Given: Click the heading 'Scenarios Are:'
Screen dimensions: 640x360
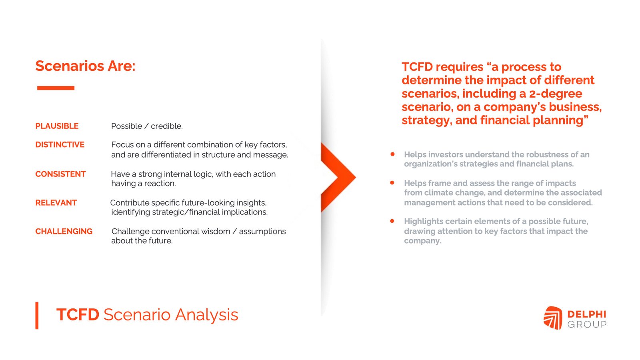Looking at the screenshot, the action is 85,66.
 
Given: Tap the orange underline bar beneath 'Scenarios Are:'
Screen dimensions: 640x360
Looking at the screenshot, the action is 56,88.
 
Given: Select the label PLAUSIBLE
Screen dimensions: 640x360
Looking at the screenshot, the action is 57,126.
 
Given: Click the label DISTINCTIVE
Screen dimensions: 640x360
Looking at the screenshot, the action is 60,144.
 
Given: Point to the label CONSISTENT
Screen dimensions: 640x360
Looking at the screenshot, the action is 60,174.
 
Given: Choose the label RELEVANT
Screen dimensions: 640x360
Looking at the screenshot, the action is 56,202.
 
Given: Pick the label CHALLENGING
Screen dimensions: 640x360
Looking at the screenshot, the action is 64,231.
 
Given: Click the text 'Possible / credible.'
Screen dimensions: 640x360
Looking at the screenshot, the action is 147,126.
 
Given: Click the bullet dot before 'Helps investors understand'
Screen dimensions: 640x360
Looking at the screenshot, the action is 392,154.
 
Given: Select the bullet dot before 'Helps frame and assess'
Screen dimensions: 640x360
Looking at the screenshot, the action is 392,182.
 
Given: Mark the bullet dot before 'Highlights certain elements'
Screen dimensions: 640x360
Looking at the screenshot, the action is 392,221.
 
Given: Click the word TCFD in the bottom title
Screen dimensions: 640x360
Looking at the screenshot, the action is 78,315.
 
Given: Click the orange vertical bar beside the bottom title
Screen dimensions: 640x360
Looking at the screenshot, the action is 37,316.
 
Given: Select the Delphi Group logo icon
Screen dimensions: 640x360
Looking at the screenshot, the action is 553,318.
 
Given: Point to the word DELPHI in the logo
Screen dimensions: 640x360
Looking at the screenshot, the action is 586,314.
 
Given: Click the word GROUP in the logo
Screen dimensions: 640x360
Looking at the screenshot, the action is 587,324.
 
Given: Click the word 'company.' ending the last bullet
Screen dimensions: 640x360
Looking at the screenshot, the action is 422,241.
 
